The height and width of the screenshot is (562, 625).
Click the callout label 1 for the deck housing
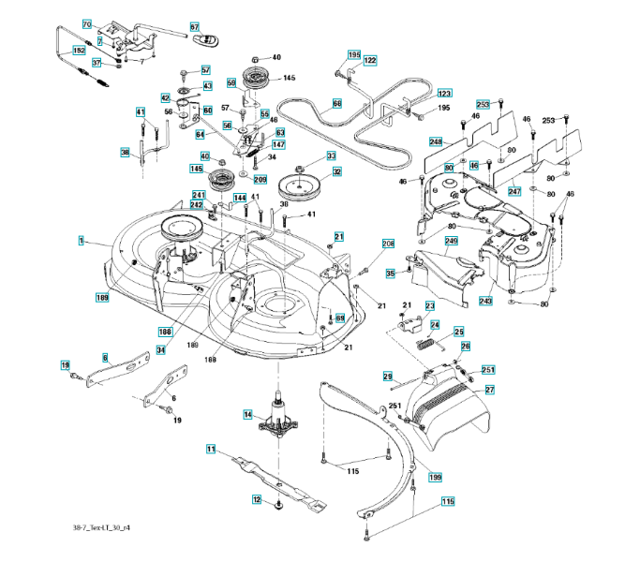[82, 241]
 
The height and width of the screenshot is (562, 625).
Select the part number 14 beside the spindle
[247, 414]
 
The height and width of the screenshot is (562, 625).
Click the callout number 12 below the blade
[255, 500]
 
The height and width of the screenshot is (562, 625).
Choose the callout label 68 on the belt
[337, 103]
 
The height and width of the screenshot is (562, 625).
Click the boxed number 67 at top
[196, 27]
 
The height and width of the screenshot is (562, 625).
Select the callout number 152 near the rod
[78, 51]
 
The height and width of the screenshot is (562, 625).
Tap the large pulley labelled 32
[305, 186]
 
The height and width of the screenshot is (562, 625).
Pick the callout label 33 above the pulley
[331, 155]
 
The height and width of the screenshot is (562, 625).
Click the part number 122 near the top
[369, 60]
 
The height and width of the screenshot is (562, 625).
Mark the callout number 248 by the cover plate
[436, 141]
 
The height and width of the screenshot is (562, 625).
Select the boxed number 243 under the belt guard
[484, 301]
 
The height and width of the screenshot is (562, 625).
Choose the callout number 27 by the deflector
[489, 389]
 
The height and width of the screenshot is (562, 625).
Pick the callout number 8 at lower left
[105, 357]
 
